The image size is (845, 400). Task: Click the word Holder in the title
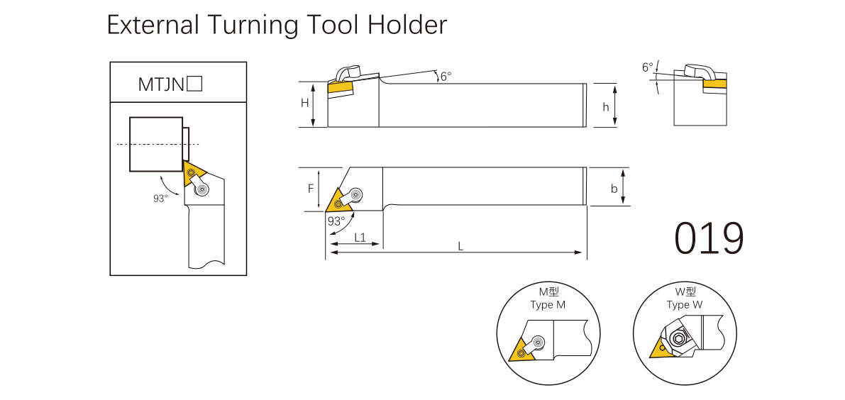pos(407,26)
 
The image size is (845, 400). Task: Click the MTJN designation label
pos(161,85)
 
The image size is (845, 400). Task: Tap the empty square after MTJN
pos(195,84)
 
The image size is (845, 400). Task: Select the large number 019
pos(709,238)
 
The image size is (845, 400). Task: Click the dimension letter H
pos(304,103)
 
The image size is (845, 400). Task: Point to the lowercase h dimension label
pos(605,106)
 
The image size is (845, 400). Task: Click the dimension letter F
pos(310,189)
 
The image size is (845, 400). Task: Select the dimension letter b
pos(614,189)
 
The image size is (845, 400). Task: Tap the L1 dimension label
pos(360,238)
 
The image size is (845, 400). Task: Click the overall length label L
pos(460,246)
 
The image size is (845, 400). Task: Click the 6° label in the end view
pos(647,67)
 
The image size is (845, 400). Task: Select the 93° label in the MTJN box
pos(160,199)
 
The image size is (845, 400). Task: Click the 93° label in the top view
pos(336,221)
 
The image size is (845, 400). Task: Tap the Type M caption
pos(548,305)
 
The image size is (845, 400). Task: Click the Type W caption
pos(684,305)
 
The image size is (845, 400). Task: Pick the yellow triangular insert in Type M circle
pos(521,350)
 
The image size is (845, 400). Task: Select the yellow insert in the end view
pos(714,84)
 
